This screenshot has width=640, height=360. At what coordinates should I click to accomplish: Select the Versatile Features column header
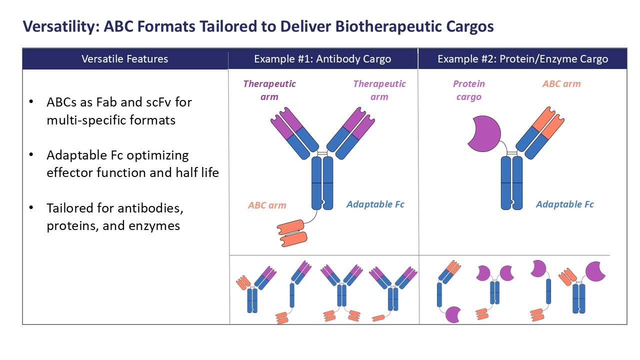click(125, 59)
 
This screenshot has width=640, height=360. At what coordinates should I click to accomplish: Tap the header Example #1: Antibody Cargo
click(322, 59)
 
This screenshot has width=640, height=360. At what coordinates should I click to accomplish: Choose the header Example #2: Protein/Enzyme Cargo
click(522, 59)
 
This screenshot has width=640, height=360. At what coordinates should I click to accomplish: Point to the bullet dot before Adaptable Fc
click(32, 155)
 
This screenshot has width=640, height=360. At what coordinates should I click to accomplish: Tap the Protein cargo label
click(469, 90)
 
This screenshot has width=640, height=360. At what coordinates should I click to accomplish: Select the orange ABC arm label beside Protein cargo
click(561, 84)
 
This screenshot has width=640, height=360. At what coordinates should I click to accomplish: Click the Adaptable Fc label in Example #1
click(375, 204)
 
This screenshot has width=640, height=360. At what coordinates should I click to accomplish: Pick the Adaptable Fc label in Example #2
click(564, 204)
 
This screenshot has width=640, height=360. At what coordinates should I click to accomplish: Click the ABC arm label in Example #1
click(267, 205)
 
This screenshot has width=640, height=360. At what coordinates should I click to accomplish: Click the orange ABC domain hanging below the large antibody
click(294, 232)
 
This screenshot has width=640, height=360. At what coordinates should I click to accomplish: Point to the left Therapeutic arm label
click(269, 90)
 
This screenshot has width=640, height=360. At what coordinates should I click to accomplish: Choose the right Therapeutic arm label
click(379, 90)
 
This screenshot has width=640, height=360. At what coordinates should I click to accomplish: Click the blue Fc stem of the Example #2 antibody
click(511, 183)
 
